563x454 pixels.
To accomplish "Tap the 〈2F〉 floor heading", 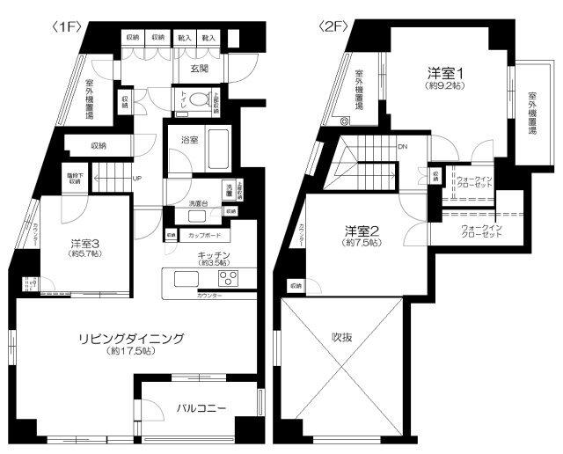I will (333, 26).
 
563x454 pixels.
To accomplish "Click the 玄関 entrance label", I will (200, 68).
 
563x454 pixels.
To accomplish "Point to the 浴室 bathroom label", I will (190, 140).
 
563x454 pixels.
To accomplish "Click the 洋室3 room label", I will (87, 243).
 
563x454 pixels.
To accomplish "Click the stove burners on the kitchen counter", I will (229, 279).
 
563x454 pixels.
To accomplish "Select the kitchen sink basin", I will (186, 279).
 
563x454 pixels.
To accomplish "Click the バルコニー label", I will (201, 408).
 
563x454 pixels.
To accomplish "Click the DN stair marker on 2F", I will (401, 147).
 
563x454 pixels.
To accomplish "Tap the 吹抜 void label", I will (341, 336).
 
